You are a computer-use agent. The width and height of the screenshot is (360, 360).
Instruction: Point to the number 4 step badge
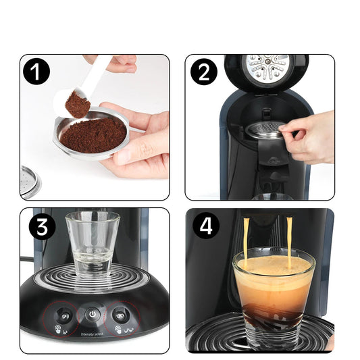coord(206,226)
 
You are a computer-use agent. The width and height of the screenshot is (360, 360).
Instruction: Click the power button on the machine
coord(92,315)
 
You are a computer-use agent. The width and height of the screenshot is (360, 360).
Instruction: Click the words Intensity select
coord(93,333)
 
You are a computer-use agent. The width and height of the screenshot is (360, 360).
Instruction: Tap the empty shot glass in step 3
coord(92,243)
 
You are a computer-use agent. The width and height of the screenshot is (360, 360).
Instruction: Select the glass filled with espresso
coord(273,290)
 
